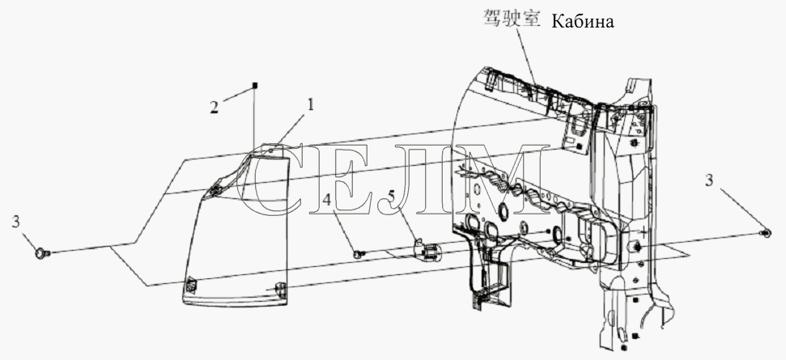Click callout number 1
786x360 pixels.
[x=310, y=104]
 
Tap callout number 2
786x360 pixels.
[x=215, y=107]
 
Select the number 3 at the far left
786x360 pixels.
[x=16, y=222]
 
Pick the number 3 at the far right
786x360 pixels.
[x=709, y=180]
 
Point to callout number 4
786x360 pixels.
[x=326, y=201]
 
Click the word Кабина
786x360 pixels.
[x=583, y=22]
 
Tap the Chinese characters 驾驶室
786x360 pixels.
[x=512, y=19]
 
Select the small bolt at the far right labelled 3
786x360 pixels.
[x=766, y=233]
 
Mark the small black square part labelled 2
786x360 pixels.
[x=255, y=86]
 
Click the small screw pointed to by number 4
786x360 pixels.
[x=359, y=254]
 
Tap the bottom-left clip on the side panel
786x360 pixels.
[x=191, y=285]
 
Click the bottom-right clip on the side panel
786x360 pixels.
[x=280, y=287]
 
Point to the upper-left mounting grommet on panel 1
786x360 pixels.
[x=217, y=189]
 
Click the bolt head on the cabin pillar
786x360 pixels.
[x=634, y=247]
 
